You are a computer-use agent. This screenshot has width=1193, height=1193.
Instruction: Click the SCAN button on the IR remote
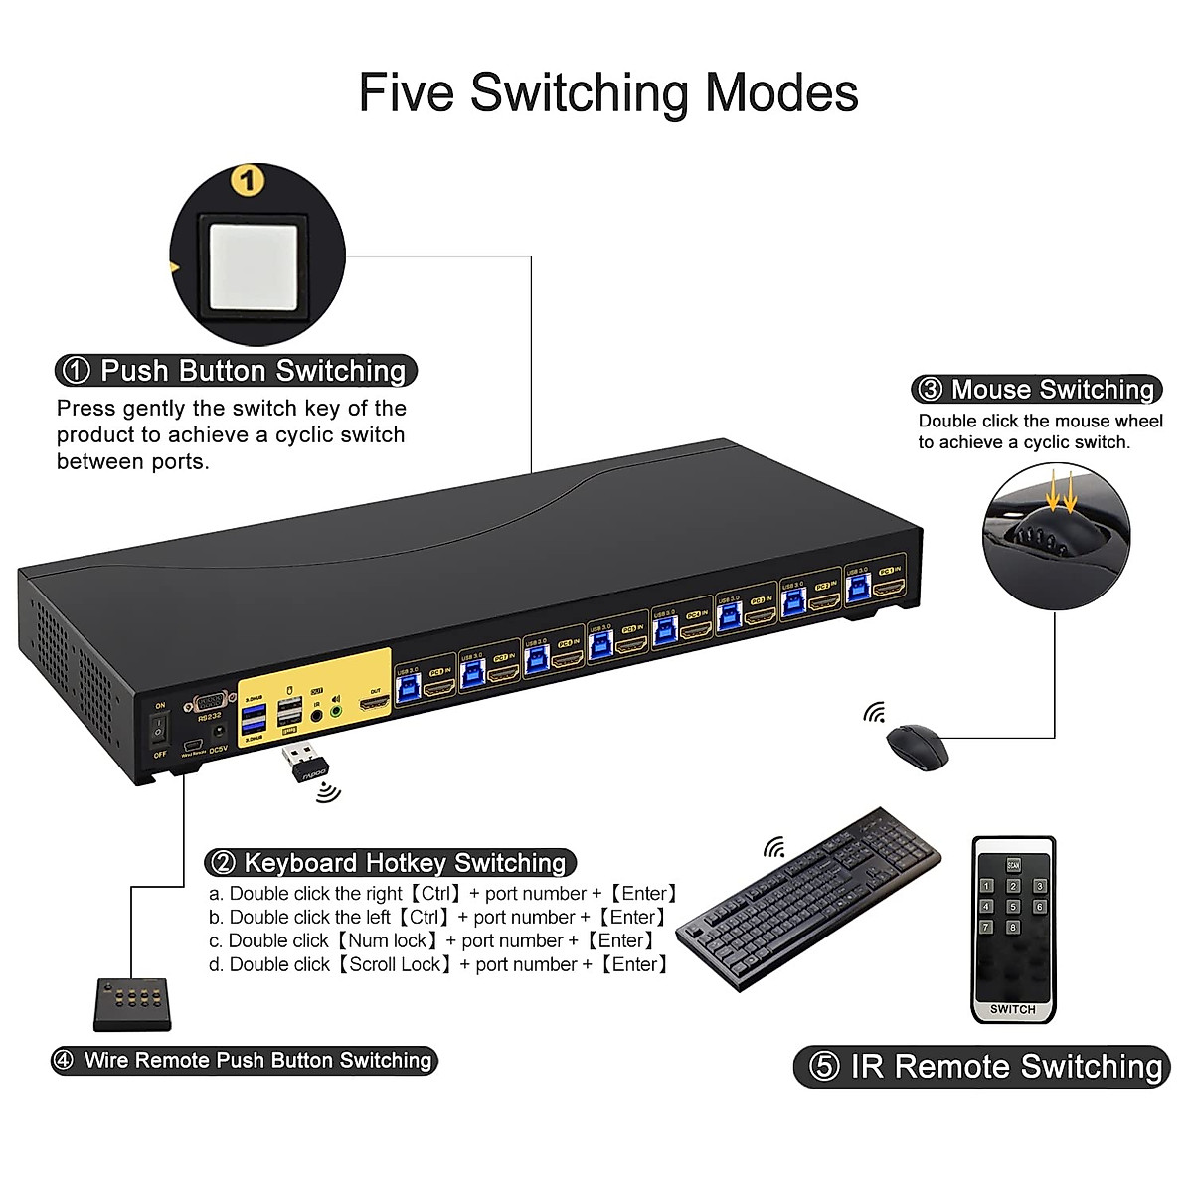point(1013,864)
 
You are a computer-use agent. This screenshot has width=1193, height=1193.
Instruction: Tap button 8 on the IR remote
point(1013,928)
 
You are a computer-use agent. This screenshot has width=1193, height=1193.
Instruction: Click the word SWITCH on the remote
point(1012,1009)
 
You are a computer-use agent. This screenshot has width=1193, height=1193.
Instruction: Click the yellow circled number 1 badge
point(247,181)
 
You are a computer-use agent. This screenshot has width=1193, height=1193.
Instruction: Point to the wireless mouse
point(917,745)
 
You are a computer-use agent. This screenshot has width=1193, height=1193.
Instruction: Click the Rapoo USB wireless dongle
point(302,764)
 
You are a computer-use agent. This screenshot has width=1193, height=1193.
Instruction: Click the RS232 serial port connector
point(210,700)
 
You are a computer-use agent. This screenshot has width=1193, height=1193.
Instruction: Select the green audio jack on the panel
point(336,710)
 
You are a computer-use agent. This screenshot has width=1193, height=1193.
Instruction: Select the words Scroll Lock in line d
point(395,964)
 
